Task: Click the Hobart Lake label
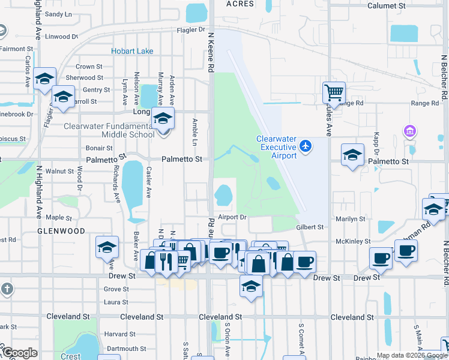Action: coord(132,52)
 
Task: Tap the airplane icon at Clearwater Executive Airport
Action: coord(306,145)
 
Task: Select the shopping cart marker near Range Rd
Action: coord(334,93)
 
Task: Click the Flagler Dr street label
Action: coord(191,29)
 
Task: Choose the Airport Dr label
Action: coord(232,217)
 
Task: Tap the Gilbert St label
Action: coord(310,227)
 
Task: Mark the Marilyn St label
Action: coord(351,219)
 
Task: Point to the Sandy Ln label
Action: coord(58,14)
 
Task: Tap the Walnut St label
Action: coord(59,172)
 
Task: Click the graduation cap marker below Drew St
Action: coord(252,287)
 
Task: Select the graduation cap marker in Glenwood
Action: coord(106,247)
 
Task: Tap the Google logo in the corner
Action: coord(20,353)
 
